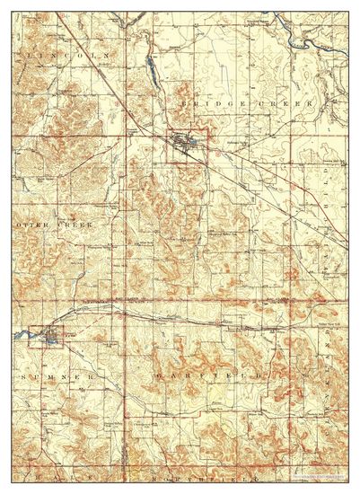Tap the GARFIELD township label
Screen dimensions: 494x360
coord(209,372)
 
